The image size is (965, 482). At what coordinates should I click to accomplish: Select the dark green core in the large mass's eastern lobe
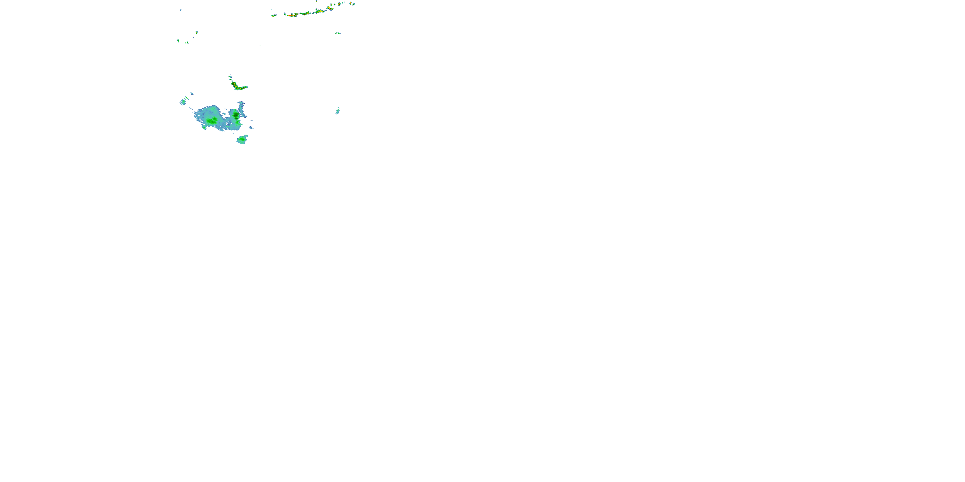(x=236, y=115)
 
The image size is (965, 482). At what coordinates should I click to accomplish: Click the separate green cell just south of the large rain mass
(x=242, y=139)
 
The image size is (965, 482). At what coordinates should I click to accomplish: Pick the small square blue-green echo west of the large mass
(x=183, y=102)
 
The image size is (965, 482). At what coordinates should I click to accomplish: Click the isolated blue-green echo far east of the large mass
(x=337, y=111)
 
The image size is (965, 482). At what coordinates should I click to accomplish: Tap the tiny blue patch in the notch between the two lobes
(x=225, y=113)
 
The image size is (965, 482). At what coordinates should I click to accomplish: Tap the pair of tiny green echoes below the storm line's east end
(x=337, y=33)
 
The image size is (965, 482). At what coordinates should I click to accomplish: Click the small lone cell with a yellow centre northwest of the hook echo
(x=197, y=32)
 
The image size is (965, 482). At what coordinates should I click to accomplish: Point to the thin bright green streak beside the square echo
(x=187, y=98)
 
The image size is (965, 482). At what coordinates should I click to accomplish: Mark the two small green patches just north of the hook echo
(x=230, y=77)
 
